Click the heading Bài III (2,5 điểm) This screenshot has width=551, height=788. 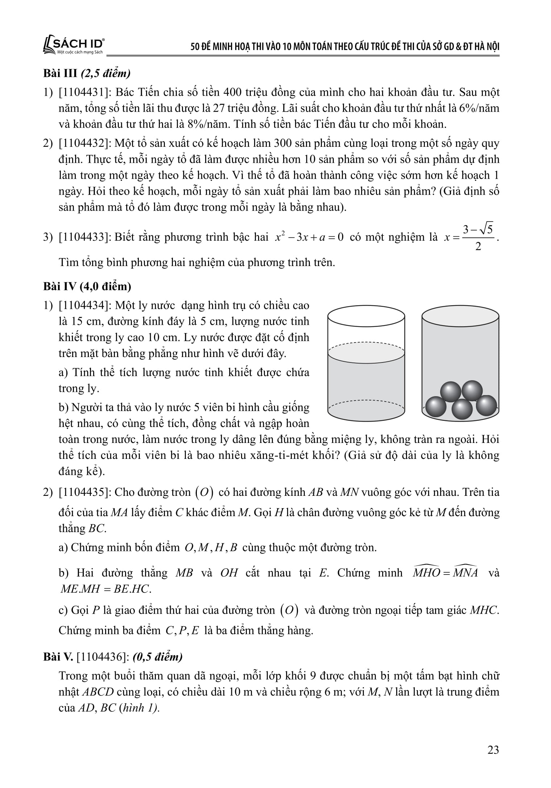87,74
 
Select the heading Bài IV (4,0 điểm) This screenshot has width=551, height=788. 87,286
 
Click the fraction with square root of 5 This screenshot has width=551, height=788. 478,238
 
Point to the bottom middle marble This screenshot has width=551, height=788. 462,410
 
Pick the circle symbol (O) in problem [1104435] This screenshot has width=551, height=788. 204,493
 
